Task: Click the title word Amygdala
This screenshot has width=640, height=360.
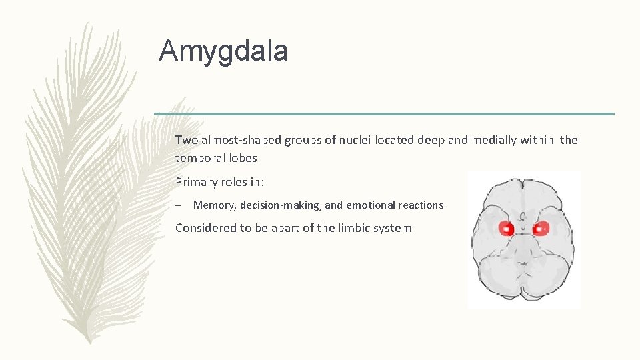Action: point(223,51)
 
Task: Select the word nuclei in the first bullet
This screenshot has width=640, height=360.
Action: point(355,140)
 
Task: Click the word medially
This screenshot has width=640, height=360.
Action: point(493,140)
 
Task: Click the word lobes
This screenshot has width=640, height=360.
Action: point(241,158)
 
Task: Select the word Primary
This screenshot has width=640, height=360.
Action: point(197,183)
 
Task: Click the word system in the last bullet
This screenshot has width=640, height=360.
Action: point(395,228)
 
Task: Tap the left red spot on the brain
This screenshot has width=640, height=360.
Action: point(507,229)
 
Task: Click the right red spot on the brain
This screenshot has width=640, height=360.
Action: point(540,229)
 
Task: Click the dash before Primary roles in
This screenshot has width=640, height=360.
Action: point(162,183)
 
